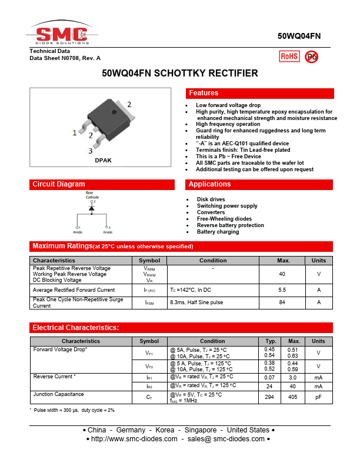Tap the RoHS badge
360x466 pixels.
coord(289,56)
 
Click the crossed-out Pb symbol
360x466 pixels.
coord(312,56)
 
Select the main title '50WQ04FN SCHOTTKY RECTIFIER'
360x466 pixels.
coord(180,74)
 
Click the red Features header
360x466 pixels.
coord(259,93)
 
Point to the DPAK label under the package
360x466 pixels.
coord(103,160)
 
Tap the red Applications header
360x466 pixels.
coord(259,184)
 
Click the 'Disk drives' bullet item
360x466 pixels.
coord(211,199)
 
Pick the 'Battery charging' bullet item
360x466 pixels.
coord(218,232)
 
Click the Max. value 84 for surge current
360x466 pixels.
coord(282,302)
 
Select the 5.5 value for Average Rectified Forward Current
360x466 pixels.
coord(282,290)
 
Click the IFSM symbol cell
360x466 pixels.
coord(149,302)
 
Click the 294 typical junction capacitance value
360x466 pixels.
coord(270,398)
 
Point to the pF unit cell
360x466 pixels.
coord(318,398)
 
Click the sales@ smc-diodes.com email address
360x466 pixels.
coord(231,439)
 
